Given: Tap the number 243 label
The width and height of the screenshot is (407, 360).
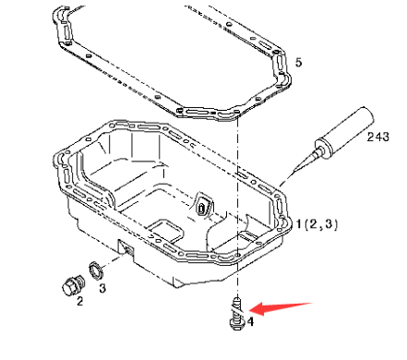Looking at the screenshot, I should [x=378, y=138].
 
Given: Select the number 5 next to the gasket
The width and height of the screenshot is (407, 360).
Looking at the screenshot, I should [x=296, y=62].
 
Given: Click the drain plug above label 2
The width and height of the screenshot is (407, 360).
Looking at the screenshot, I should [x=69, y=282].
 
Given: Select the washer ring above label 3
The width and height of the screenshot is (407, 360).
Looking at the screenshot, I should [x=94, y=270].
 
